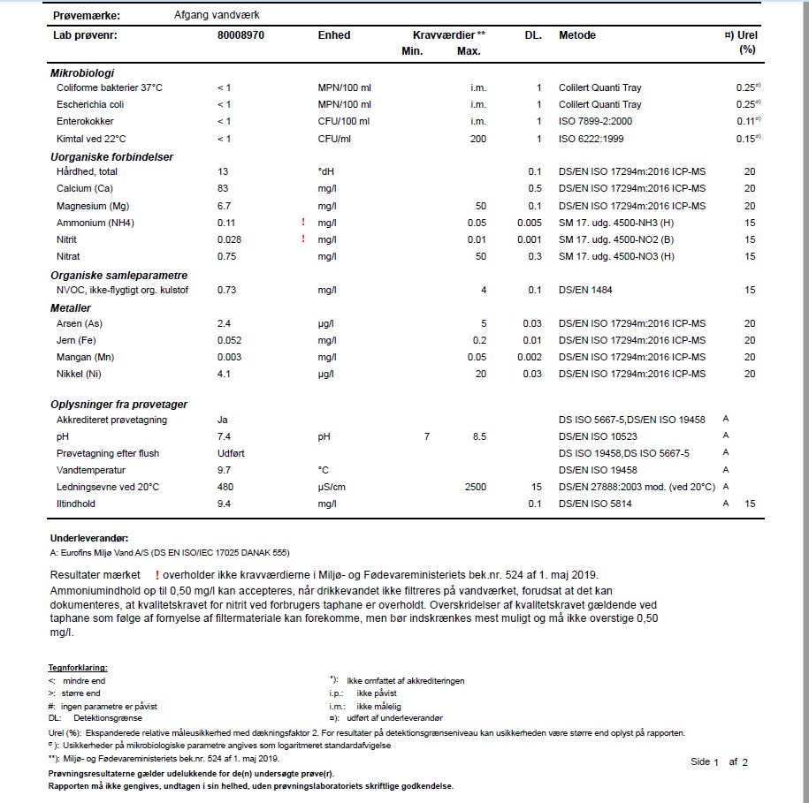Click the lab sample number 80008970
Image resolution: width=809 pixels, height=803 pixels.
(240, 35)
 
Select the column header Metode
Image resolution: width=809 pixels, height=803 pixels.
(577, 35)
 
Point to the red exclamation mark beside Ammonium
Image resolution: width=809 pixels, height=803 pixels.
(303, 223)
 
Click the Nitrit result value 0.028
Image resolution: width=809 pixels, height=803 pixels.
(229, 239)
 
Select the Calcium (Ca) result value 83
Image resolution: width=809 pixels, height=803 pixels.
(223, 188)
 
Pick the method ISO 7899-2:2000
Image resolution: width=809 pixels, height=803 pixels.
(595, 121)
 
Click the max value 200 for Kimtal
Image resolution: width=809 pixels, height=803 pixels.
(478, 139)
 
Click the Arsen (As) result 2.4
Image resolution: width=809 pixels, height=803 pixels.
(224, 323)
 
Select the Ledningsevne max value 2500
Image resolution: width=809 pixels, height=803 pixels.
(475, 487)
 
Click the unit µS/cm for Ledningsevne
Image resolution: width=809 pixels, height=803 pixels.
(332, 487)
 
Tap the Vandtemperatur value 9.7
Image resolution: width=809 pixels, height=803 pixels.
(224, 470)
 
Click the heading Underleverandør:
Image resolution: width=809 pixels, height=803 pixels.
(89, 537)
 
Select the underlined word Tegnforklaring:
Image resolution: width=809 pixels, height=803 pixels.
(78, 668)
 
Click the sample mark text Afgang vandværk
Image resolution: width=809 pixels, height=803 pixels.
(218, 16)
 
